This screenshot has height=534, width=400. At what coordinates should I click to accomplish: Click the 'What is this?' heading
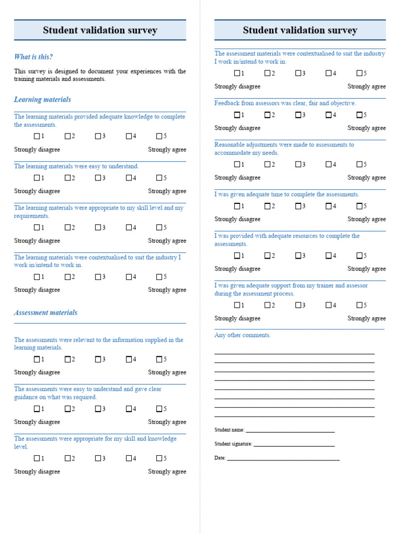click(33, 57)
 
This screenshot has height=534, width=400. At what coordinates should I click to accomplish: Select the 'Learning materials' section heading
click(42, 100)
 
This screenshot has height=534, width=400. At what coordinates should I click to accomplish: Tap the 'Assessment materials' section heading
click(45, 313)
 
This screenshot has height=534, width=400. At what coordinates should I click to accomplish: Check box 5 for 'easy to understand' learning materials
click(159, 178)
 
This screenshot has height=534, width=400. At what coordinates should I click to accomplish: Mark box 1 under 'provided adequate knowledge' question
click(37, 137)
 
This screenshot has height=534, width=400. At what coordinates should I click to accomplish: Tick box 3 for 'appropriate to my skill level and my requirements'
click(98, 228)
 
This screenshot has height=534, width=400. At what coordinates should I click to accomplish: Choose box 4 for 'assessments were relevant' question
click(129, 359)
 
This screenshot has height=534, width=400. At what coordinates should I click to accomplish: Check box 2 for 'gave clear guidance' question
click(68, 409)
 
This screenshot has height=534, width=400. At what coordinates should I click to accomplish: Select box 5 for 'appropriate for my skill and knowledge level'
click(159, 458)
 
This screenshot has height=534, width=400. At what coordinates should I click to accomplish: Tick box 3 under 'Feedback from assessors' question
click(298, 115)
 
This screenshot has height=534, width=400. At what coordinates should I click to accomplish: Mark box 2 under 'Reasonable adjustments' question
click(268, 164)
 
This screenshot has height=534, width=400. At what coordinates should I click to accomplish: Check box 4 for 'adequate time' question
click(329, 206)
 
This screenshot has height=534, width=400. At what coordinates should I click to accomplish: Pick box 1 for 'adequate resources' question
click(238, 256)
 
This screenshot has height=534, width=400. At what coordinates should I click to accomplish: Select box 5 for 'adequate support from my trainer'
click(359, 305)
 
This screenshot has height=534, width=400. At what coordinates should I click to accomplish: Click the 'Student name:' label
click(229, 430)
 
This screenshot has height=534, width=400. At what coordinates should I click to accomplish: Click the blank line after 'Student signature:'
click(294, 445)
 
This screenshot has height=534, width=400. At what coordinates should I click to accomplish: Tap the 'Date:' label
click(220, 458)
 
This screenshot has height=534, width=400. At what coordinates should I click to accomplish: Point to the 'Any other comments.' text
click(243, 335)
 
